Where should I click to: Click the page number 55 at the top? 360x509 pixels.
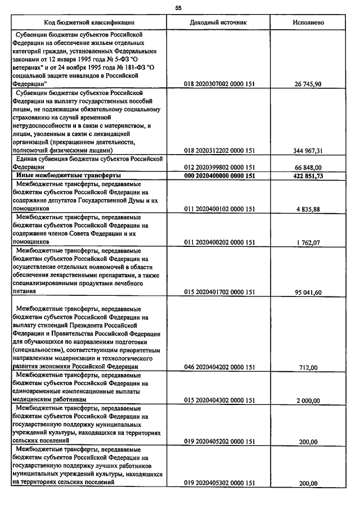[178, 8]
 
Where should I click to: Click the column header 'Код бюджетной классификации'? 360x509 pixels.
[93, 22]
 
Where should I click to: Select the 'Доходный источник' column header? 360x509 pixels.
[219, 22]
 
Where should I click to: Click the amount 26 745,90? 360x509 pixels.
[308, 84]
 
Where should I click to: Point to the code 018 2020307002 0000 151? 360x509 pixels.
[219, 84]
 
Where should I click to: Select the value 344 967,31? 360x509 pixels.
[308, 151]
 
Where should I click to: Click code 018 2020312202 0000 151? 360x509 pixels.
[219, 151]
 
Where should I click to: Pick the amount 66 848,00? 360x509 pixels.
[308, 167]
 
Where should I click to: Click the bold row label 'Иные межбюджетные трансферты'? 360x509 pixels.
[61, 175]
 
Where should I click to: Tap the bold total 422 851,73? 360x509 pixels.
[308, 175]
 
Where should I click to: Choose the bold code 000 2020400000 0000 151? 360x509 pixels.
[219, 175]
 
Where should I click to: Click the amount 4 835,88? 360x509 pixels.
[308, 209]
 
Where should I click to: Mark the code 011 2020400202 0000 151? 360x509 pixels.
[219, 242]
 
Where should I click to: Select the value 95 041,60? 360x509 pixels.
[308, 292]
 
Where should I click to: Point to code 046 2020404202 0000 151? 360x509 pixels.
[219, 368]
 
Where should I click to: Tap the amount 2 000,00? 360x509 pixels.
[308, 400]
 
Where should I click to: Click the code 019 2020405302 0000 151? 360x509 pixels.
[219, 483]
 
